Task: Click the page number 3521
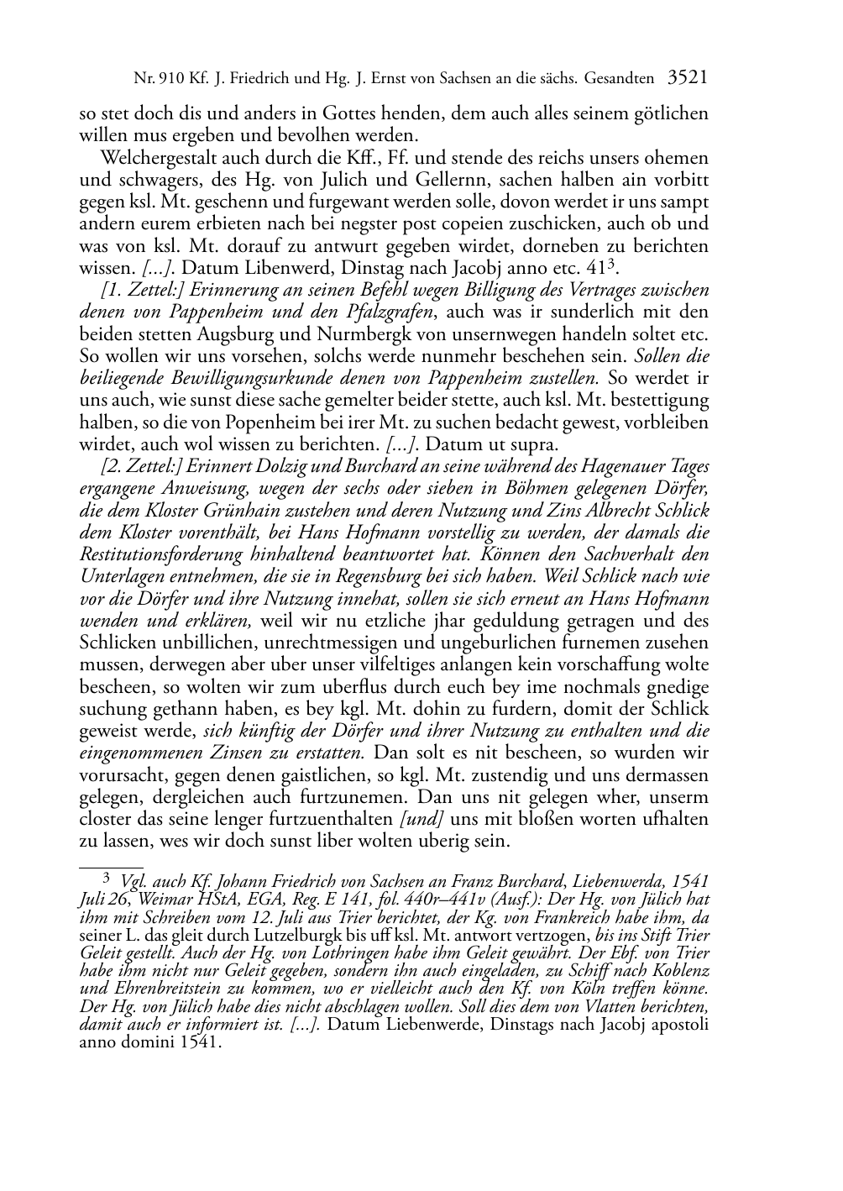point(687,78)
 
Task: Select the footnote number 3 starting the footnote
point(107,879)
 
